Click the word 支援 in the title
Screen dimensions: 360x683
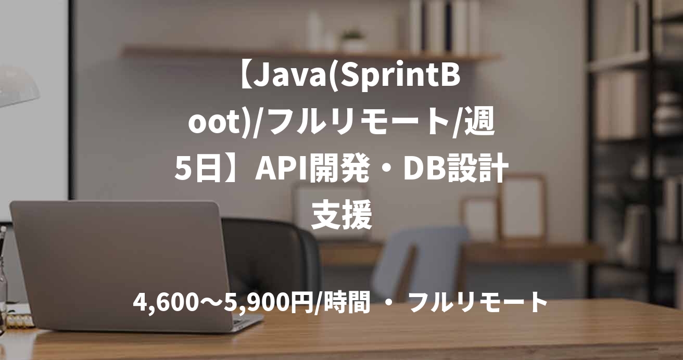(x=342, y=215)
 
